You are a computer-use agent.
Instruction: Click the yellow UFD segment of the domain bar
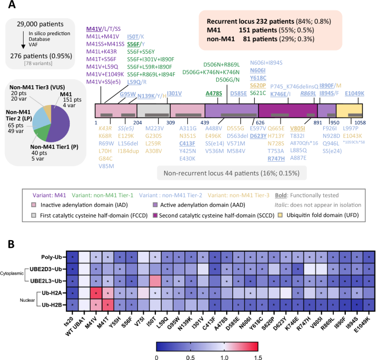(351, 110)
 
